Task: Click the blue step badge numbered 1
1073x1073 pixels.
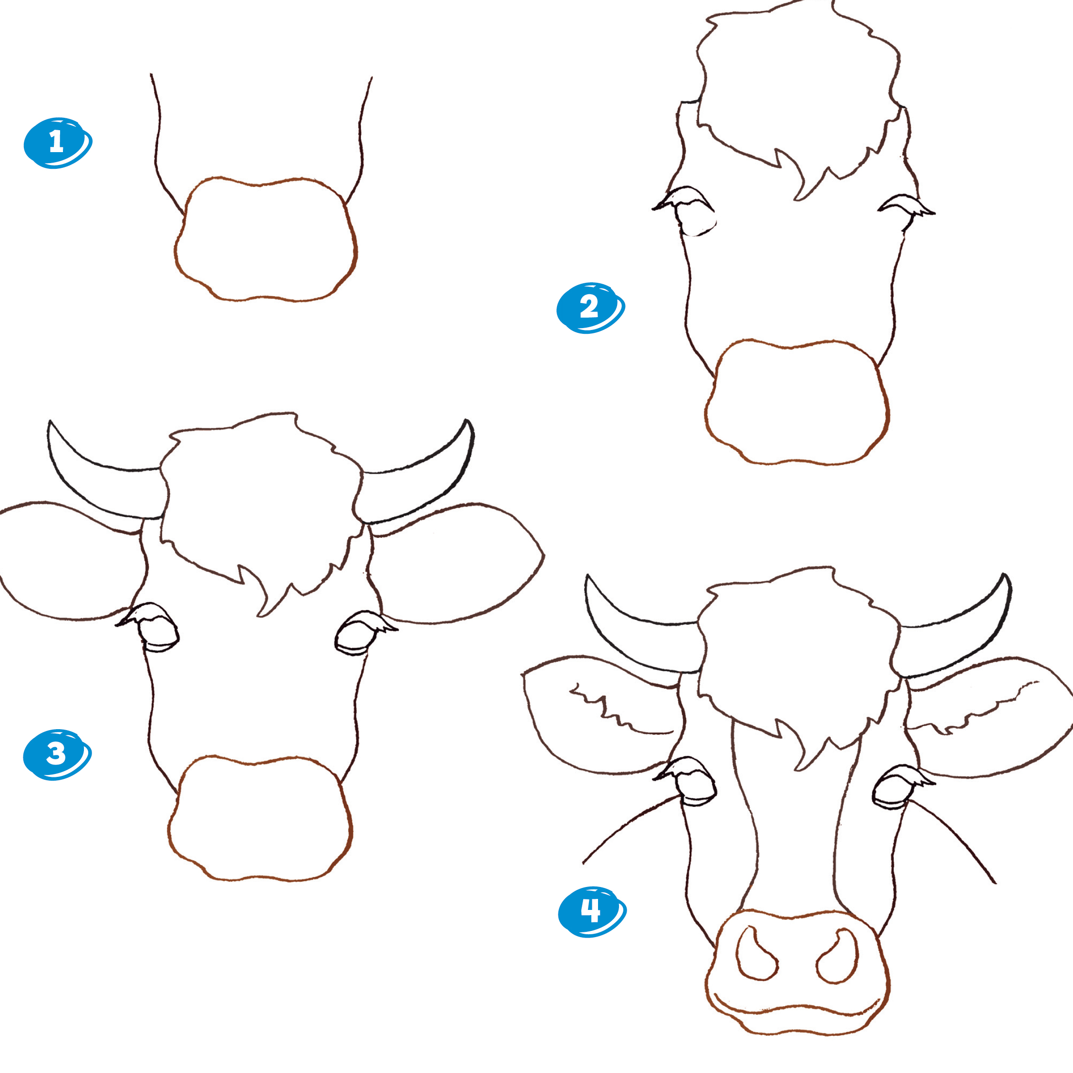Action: click(58, 143)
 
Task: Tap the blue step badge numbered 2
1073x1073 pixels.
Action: click(590, 308)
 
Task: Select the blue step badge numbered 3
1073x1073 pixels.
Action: click(57, 754)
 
